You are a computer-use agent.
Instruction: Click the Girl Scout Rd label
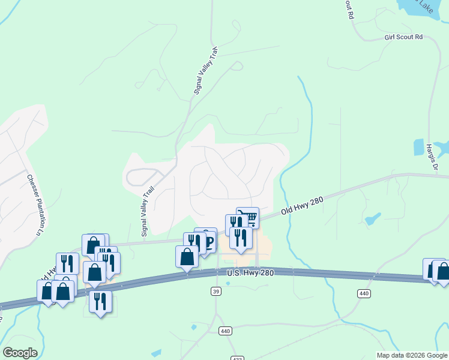tap(403, 37)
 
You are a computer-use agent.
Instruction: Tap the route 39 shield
tap(216, 291)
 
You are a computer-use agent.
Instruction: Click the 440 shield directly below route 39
tap(225, 331)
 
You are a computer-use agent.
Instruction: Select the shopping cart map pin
tap(248, 217)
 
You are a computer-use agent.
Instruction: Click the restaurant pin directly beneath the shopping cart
tap(241, 238)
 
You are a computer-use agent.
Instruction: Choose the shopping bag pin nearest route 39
tap(187, 256)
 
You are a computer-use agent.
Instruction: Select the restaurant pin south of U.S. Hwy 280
tap(100, 300)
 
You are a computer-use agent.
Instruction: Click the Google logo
tap(20, 353)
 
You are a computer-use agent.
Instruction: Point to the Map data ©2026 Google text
tap(412, 355)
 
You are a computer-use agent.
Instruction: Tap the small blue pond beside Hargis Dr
tap(418, 147)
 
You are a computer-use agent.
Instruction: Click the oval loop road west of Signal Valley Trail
tap(142, 177)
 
